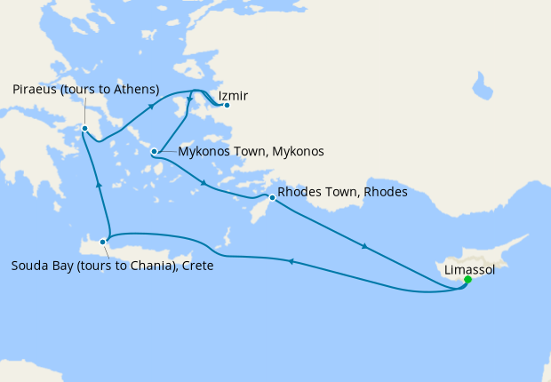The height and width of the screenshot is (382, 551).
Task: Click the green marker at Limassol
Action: tap(467, 280)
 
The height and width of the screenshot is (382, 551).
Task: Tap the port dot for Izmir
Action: tap(227, 106)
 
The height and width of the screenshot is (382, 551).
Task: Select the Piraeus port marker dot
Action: tap(84, 129)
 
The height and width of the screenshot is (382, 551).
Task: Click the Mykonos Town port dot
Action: tap(155, 151)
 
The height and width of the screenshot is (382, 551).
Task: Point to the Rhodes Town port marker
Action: tap(271, 197)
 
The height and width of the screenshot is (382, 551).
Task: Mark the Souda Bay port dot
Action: tap(104, 241)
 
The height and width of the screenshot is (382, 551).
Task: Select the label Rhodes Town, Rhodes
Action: tap(342, 192)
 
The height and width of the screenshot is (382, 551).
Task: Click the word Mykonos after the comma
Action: tap(298, 152)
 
